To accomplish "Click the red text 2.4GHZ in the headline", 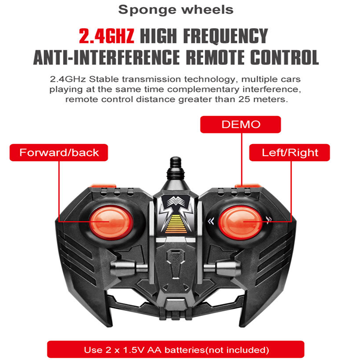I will (106, 36).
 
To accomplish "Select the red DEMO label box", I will (240, 125).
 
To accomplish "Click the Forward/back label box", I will (59, 153).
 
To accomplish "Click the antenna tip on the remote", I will (175, 161).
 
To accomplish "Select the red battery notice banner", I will (176, 350).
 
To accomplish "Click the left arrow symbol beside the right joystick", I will (210, 220).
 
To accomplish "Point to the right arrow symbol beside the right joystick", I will (269, 220).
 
